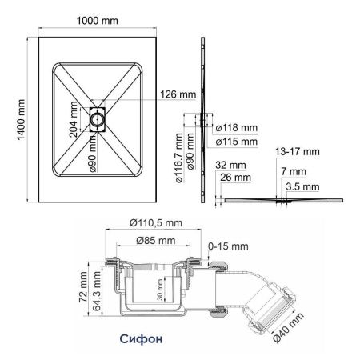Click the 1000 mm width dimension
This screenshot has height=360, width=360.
pos(99,20)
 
